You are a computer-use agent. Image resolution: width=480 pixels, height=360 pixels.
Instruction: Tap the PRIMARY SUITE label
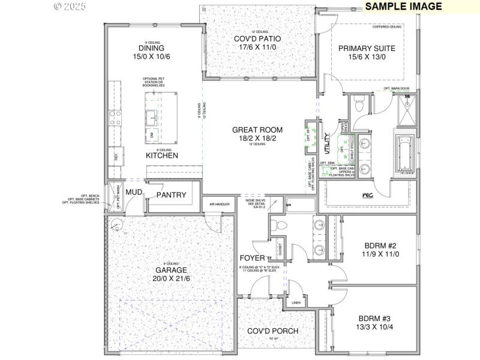366,49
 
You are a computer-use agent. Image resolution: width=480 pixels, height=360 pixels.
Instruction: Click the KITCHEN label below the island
162,155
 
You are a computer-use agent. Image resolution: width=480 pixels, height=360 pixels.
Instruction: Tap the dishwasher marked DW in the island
152,134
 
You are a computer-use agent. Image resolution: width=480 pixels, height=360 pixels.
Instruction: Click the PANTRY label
171,195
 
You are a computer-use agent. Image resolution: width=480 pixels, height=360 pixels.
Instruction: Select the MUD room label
133,192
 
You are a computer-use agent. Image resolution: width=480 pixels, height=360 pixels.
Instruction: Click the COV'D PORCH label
273,331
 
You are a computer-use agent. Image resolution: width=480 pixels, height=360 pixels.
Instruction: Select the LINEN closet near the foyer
296,303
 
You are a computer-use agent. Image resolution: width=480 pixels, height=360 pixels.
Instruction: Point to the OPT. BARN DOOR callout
396,89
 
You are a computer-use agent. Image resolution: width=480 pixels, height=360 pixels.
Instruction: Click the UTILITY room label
327,145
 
